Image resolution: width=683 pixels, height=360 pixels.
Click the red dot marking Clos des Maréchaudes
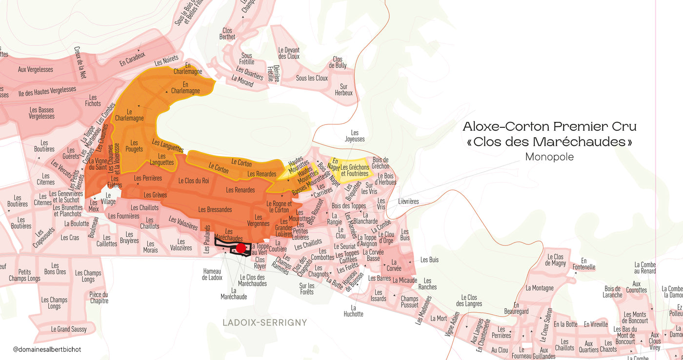[x=241, y=248]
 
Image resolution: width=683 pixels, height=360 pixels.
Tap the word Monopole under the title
[x=549, y=157]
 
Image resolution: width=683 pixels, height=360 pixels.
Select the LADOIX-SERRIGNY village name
[x=265, y=322]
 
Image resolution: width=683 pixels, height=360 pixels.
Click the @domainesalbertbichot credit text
[x=47, y=349]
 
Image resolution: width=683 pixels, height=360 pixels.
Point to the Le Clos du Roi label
[x=193, y=180]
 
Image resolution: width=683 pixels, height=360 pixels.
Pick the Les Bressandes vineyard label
[x=215, y=209]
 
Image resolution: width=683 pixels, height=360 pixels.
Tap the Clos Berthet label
[x=227, y=34]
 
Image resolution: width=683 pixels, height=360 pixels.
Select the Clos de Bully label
[x=338, y=62]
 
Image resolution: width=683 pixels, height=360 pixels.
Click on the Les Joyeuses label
[x=355, y=136]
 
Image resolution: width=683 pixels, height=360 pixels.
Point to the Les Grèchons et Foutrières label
[x=355, y=170]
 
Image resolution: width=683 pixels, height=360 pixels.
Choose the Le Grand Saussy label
[x=69, y=329]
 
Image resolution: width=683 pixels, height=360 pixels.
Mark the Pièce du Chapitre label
[x=99, y=298]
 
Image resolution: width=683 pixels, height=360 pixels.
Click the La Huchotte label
[x=353, y=311]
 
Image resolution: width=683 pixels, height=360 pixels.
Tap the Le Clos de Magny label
[x=555, y=260]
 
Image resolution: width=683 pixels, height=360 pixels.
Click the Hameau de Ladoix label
[x=212, y=274]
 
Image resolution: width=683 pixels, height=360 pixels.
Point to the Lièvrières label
[x=408, y=201]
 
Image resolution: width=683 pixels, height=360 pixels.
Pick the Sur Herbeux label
[x=343, y=90]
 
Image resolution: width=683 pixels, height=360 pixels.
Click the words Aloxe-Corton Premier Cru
[x=549, y=127]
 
